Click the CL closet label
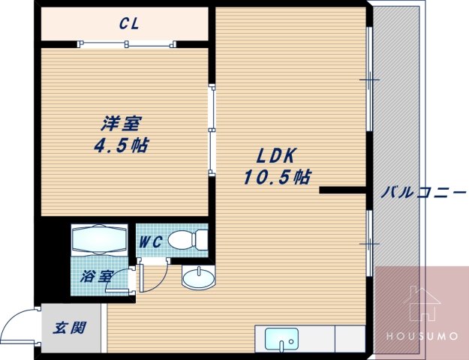click(x=128, y=23)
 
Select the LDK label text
click(x=277, y=156)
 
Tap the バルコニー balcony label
click(x=422, y=192)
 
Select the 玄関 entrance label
click(x=69, y=328)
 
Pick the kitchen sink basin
click(x=281, y=339)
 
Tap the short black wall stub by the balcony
click(x=341, y=190)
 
